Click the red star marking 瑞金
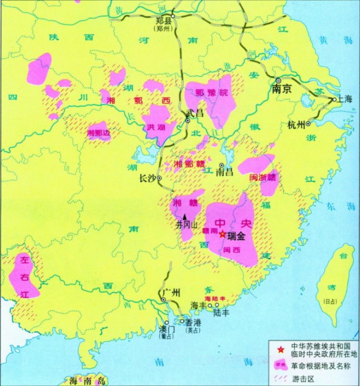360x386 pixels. click(223, 235)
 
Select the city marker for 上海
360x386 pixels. click(334, 98)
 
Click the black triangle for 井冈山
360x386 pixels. click(185, 216)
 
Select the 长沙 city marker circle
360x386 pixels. click(159, 178)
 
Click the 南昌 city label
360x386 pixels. click(222, 172)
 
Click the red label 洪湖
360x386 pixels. click(155, 127)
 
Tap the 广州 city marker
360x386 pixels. click(163, 300)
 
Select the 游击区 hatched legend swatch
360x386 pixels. click(281, 378)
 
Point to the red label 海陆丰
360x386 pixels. click(214, 298)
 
